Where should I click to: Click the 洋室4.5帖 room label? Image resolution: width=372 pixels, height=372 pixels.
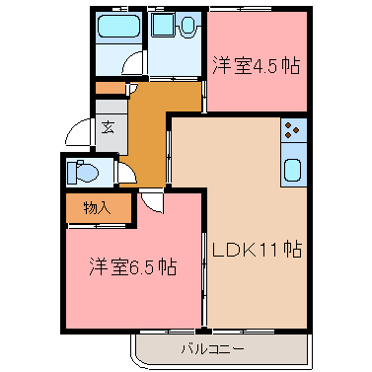[256, 67]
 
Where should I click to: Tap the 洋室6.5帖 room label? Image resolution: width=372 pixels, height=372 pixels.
[133, 266]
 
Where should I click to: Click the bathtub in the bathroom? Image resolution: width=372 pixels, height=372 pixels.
[120, 28]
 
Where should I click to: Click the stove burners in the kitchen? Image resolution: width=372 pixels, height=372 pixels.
[294, 127]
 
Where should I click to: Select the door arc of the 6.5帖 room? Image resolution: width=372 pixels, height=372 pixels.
[150, 200]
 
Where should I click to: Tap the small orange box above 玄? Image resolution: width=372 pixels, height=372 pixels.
[110, 88]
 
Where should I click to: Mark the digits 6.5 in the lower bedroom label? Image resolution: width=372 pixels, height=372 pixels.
[142, 266]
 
